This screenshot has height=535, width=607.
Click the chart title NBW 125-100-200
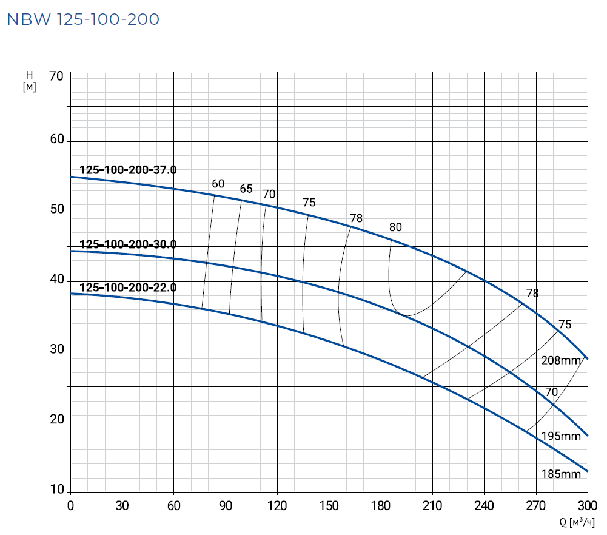(83, 19)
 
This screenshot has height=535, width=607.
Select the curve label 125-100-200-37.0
(128, 170)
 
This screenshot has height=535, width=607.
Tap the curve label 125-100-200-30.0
(128, 245)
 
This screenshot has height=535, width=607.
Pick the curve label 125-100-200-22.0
(128, 288)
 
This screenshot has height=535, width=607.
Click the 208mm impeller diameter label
(561, 361)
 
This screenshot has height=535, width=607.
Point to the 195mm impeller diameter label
(561, 437)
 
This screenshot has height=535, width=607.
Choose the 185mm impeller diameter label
(561, 474)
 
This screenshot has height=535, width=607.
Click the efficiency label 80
(395, 228)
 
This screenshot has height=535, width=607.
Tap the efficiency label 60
(218, 184)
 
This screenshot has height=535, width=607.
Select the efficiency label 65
(246, 189)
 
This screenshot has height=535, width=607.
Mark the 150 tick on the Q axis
(329, 505)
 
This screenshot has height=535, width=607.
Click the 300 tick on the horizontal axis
(588, 505)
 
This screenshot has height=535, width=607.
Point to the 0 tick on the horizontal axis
(70, 505)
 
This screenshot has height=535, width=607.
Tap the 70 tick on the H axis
(56, 76)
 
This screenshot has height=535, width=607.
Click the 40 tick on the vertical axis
(56, 280)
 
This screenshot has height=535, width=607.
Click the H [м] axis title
(29, 81)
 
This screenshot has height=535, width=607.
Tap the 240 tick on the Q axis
(484, 505)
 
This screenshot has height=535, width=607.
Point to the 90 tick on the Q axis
(226, 505)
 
